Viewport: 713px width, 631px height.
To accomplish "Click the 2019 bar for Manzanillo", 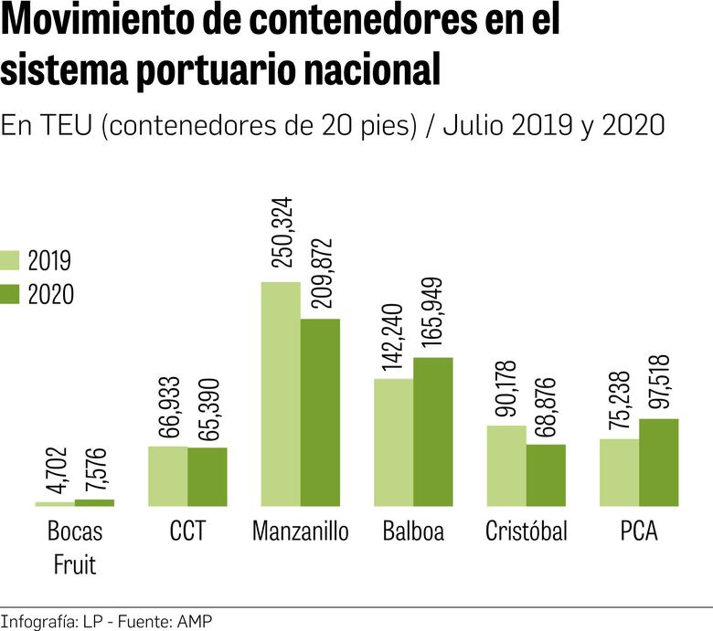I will click(x=281, y=394).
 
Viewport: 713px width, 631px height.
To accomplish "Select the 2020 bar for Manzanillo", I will click(x=320, y=412).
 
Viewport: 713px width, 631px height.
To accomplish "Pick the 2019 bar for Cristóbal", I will click(x=506, y=465).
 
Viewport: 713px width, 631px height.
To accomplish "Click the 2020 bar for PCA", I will click(x=658, y=462).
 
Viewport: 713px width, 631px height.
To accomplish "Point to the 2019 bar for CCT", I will click(x=167, y=476).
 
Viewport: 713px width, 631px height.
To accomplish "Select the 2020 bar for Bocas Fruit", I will click(x=94, y=502).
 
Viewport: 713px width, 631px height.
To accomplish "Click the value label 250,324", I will click(x=282, y=232).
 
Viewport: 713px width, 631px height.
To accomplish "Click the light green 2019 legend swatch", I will click(x=12, y=260).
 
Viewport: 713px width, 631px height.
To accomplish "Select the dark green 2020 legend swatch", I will click(x=12, y=294).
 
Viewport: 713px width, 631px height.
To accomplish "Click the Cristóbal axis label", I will click(x=526, y=531).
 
